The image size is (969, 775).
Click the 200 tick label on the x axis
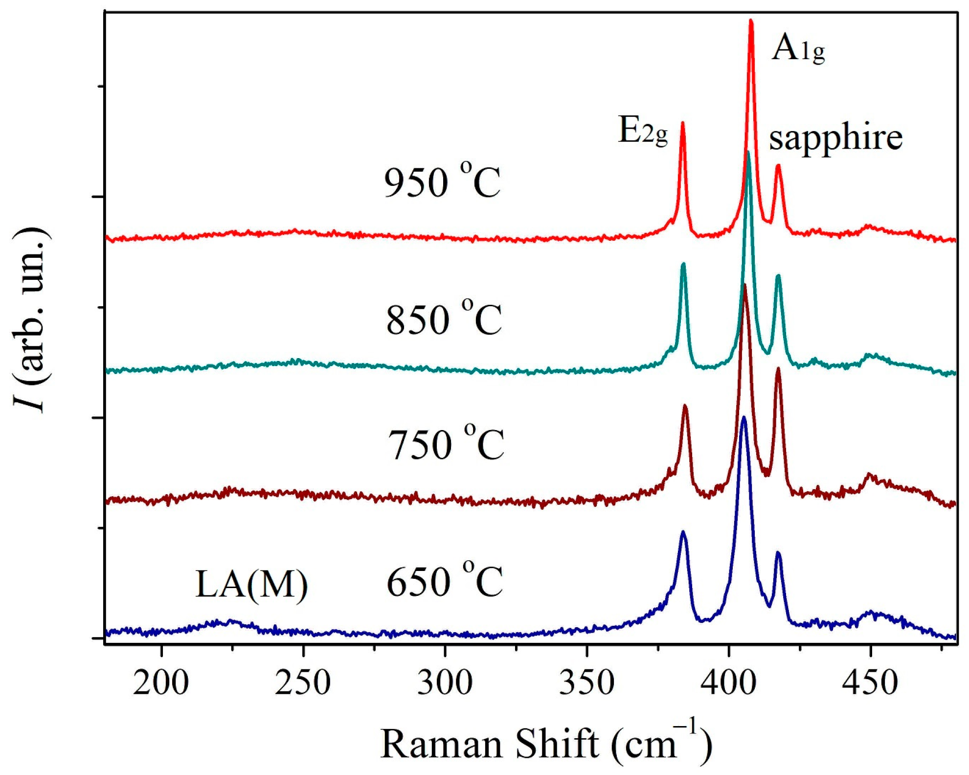click(x=160, y=683)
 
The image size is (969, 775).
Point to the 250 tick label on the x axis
click(x=303, y=683)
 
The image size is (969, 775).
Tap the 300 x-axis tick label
click(x=445, y=683)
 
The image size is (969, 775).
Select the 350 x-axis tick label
click(x=586, y=683)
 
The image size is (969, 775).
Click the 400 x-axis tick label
click(x=728, y=683)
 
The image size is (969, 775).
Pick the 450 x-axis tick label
click(x=870, y=683)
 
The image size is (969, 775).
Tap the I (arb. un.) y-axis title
click(x=30, y=320)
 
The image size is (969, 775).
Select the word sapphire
click(x=835, y=138)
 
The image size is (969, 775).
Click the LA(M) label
click(x=251, y=585)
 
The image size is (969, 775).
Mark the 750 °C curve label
click(x=446, y=444)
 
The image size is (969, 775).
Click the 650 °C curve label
click(x=445, y=581)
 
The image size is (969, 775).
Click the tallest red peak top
click(x=751, y=21)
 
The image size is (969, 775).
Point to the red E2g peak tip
click(x=682, y=123)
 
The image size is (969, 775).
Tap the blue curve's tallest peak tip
click(x=744, y=417)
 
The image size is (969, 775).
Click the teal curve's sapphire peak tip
click(x=778, y=276)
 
